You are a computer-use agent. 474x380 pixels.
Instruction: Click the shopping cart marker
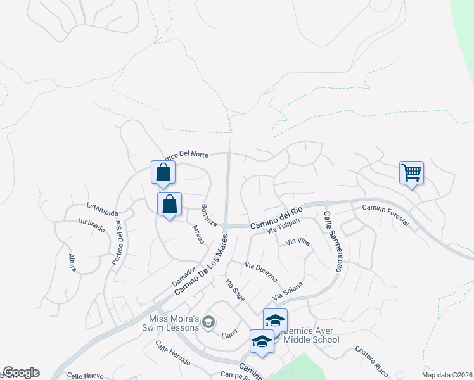pos(411,172)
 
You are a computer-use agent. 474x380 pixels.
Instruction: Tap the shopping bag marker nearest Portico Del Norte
pos(163,173)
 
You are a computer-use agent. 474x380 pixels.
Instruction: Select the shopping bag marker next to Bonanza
pos(169,205)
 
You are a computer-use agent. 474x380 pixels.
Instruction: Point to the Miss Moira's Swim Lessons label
pos(174,323)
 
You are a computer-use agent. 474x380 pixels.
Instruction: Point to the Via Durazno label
pos(261,272)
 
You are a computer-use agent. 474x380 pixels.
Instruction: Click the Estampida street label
pos(103,206)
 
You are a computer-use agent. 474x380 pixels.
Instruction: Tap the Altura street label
pos(72,262)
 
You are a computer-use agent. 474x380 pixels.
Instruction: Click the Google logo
pos(21,372)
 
